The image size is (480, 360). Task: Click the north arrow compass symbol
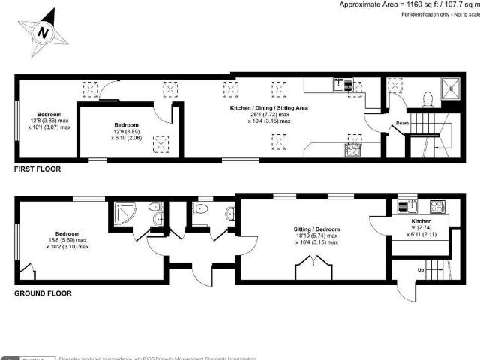(43, 32)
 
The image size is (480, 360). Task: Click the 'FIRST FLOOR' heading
(37, 170)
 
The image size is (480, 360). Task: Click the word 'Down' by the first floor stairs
(402, 124)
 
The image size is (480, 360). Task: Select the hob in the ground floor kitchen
(437, 206)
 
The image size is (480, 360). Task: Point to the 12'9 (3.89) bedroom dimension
(126, 131)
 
